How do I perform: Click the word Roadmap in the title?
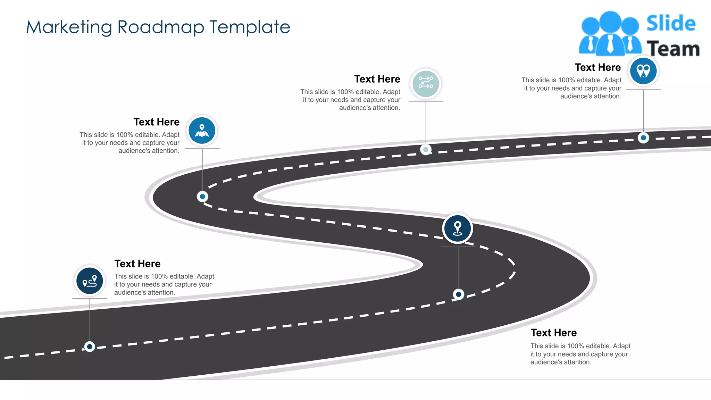pos(161,27)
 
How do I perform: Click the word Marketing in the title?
pos(68,27)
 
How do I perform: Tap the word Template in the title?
pos(250,27)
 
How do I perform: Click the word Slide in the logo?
pos(671,24)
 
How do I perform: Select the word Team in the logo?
pos(673,49)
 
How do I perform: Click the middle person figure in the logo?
pos(610,33)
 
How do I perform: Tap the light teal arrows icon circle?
pos(426,84)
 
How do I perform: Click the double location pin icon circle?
pos(643,71)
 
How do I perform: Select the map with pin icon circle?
pos(202,131)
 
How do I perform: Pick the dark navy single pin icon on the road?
pos(458,228)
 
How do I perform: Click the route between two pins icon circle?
pos(90,281)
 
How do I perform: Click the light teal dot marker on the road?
pos(426,150)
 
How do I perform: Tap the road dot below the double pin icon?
pos(643,138)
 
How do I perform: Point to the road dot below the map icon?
pos(202,197)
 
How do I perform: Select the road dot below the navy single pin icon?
pos(458,294)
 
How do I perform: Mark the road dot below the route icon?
pos(90,347)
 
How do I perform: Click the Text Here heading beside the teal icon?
pos(377,79)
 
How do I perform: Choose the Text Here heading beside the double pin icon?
pos(597,67)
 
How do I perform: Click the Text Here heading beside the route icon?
pos(137,264)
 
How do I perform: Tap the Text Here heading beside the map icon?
pos(156,122)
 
